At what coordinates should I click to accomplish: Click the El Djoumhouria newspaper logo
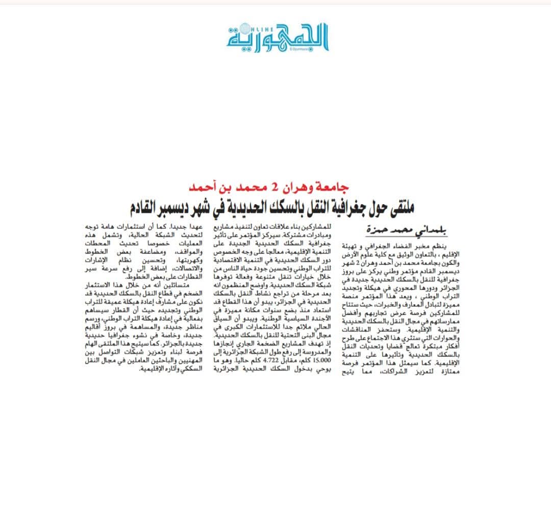(278, 37)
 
